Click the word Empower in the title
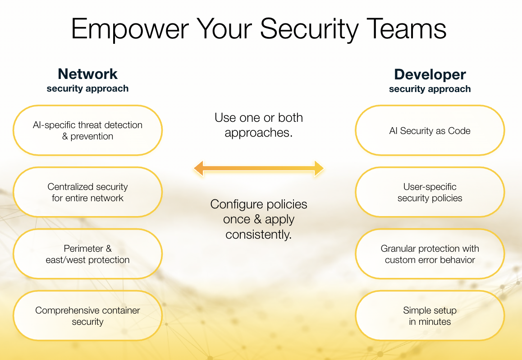[130, 30]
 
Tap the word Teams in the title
[406, 28]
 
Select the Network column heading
[87, 74]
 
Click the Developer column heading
[430, 74]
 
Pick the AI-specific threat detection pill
[87, 130]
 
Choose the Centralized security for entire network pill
[87, 192]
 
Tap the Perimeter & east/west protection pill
[87, 254]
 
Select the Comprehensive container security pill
[87, 316]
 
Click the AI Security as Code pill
[430, 130]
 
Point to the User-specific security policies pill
[430, 192]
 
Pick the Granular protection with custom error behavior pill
[430, 254]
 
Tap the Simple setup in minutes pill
[430, 316]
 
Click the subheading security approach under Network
[87, 88]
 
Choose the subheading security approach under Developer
[430, 89]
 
